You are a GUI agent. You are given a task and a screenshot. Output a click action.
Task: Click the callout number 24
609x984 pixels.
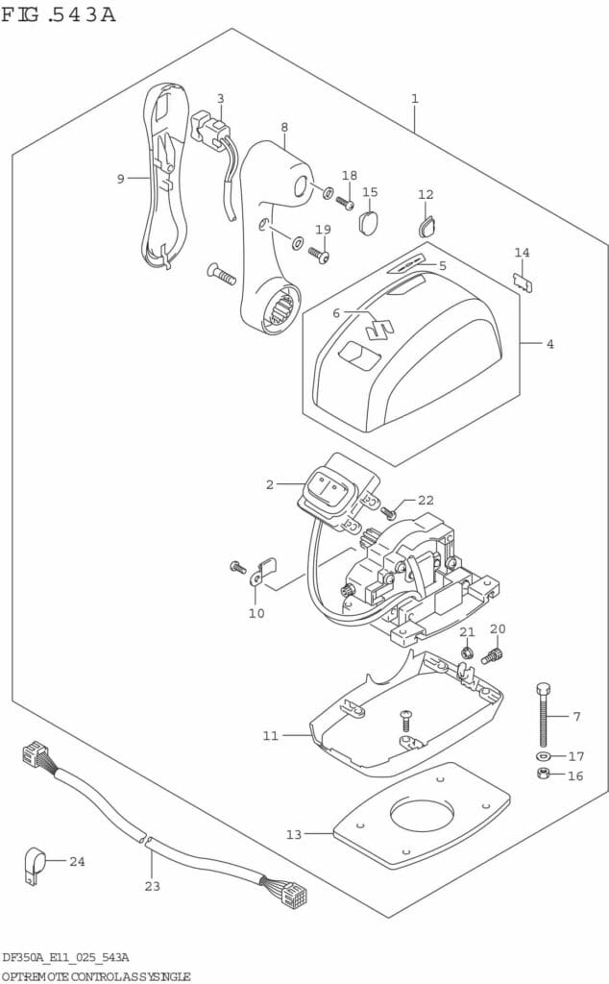point(77,861)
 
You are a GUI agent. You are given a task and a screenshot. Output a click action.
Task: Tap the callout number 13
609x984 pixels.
point(293,834)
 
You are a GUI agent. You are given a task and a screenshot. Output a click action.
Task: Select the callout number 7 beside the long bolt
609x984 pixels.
point(576,717)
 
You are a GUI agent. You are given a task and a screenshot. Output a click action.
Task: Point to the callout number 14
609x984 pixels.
point(522,253)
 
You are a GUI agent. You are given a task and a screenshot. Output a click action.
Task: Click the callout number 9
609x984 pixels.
point(121,178)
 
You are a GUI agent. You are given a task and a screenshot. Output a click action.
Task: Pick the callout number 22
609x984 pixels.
point(426,500)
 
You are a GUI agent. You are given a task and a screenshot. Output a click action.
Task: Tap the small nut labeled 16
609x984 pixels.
point(544,775)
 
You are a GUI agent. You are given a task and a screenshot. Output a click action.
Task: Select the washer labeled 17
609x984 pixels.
point(544,756)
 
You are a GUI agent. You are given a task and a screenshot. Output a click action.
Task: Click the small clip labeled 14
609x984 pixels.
point(524,282)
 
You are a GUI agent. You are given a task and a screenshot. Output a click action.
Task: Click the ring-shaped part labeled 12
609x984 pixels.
point(426,227)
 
